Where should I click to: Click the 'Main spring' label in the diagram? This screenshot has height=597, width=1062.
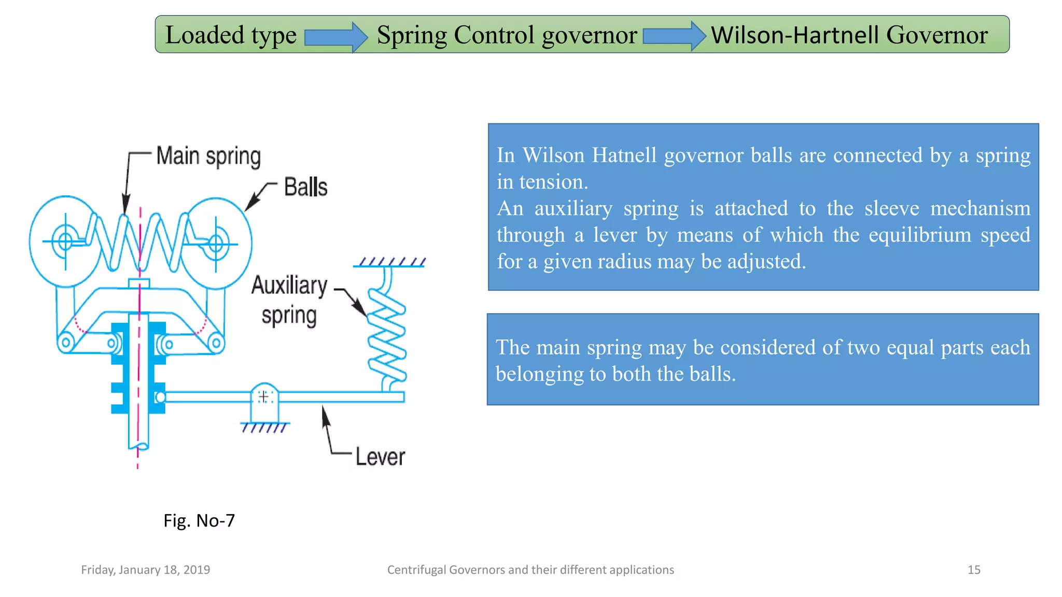click(x=208, y=156)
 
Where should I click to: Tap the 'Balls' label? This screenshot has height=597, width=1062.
click(x=305, y=187)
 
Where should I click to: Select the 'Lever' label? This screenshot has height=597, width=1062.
click(x=380, y=457)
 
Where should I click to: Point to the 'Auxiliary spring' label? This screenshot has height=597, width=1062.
click(x=289, y=300)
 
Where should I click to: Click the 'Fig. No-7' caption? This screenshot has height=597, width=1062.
click(x=199, y=520)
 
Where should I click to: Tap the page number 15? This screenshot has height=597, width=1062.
click(x=974, y=570)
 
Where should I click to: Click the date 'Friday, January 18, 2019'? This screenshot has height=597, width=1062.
click(x=145, y=570)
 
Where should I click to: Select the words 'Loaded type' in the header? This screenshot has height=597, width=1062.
click(x=231, y=35)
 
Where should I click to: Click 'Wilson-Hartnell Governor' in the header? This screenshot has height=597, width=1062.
click(x=849, y=35)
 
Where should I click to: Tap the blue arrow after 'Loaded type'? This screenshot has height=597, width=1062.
click(x=336, y=37)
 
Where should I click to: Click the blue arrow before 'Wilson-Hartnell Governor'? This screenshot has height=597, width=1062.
click(x=674, y=36)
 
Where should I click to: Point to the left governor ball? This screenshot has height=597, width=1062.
click(x=64, y=241)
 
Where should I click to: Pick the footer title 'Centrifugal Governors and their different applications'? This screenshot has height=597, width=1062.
click(x=530, y=570)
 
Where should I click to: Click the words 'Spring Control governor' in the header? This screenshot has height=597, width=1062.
click(x=507, y=35)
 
